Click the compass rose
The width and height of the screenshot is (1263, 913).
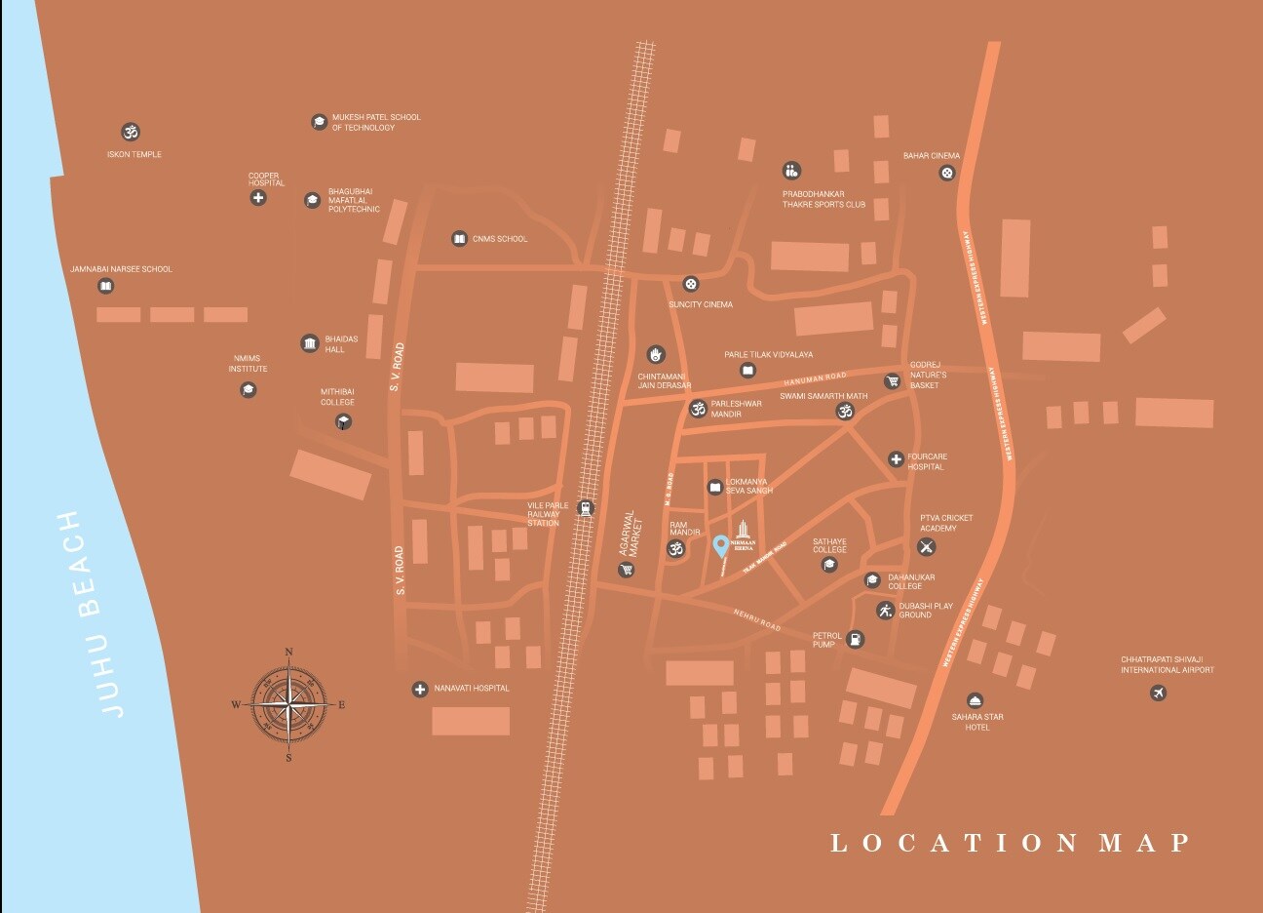(x=288, y=702)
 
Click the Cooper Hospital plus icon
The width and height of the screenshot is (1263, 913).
(x=258, y=198)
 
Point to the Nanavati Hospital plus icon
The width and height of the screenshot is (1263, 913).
(x=420, y=689)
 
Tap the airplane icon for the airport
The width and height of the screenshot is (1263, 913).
(x=1158, y=694)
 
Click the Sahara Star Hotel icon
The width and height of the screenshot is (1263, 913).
(x=976, y=701)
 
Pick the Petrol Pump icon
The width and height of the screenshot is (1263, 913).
(x=855, y=640)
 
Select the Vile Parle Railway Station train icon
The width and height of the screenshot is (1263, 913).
(x=585, y=507)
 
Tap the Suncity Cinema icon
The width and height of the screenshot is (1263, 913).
(x=691, y=284)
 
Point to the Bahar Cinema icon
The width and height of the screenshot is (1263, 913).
(x=947, y=174)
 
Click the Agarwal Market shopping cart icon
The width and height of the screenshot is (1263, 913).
(x=626, y=569)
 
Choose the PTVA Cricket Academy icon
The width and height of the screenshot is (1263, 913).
(x=927, y=546)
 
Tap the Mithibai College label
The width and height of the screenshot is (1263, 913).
(x=337, y=397)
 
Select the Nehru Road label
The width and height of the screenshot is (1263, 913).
(x=757, y=619)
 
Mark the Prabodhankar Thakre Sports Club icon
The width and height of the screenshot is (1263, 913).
(x=791, y=171)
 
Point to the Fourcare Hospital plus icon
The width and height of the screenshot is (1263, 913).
(x=896, y=459)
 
